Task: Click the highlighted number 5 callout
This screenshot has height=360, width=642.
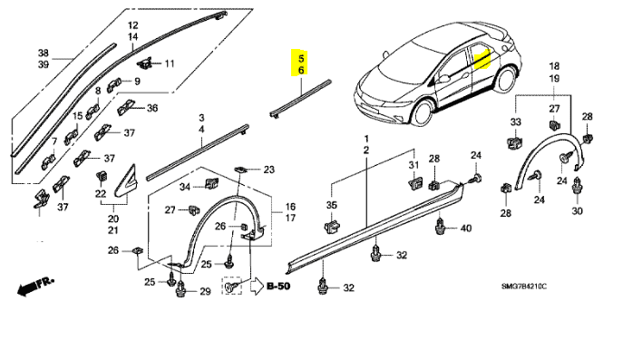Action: tap(301, 58)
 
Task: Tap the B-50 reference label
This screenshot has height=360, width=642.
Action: tap(278, 286)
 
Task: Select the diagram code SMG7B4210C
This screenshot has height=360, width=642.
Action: tap(524, 287)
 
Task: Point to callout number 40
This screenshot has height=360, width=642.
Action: tap(466, 229)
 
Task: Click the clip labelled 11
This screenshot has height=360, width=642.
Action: tap(144, 63)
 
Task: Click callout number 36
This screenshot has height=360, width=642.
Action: tap(152, 108)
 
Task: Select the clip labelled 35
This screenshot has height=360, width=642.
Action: tap(332, 226)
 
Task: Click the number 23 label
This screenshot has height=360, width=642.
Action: tap(268, 170)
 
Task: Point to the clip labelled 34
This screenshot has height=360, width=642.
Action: tap(211, 184)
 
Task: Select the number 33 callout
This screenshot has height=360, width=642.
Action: tap(515, 122)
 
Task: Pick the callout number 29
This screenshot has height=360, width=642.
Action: tap(205, 291)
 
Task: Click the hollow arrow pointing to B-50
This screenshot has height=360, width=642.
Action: tap(257, 287)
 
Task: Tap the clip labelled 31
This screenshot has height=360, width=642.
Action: tap(414, 182)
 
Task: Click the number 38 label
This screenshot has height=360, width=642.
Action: tap(44, 53)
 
